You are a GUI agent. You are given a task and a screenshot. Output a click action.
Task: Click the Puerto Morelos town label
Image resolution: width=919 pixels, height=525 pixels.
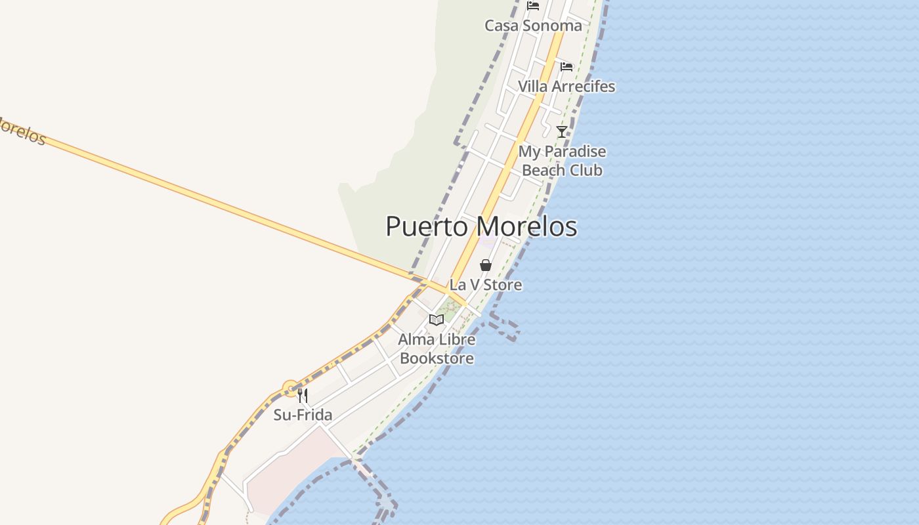point(481,226)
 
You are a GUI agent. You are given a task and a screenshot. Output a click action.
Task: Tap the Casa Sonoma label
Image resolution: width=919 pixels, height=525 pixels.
point(533,26)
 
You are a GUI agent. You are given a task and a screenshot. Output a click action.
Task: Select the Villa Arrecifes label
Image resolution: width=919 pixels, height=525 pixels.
point(566,86)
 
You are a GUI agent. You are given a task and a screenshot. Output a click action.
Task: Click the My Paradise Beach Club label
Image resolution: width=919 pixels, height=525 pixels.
point(562,161)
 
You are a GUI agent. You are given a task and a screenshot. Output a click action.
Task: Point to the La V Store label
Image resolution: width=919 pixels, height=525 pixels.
point(486,285)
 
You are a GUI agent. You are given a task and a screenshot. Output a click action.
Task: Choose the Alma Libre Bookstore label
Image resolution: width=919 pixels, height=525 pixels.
point(437,349)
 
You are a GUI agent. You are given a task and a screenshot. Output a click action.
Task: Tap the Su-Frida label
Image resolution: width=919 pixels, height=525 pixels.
point(303,415)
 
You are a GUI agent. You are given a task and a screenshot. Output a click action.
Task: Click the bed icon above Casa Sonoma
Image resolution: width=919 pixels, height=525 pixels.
point(533,7)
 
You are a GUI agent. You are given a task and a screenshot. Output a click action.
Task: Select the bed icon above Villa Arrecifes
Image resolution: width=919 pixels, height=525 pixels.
point(566,67)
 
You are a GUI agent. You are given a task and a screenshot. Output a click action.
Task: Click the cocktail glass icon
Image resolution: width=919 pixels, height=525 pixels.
point(562,132)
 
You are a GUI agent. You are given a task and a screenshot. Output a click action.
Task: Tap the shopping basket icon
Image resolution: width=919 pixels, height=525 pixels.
point(486,265)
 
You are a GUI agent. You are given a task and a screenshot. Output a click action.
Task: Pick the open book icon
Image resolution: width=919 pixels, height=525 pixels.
point(437,320)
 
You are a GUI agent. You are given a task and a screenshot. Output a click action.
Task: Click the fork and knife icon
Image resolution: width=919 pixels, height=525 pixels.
point(303,395)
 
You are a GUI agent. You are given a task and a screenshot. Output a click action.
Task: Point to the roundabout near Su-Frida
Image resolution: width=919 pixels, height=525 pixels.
point(290,388)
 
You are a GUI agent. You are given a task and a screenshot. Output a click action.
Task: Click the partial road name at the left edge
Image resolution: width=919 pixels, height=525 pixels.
point(21,130)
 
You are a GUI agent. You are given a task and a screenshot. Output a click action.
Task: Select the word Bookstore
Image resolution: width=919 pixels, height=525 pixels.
point(437,358)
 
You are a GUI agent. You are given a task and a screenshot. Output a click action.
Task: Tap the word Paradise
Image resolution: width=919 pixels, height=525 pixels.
point(572,152)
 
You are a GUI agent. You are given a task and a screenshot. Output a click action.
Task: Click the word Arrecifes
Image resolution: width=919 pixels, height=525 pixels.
point(584,86)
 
